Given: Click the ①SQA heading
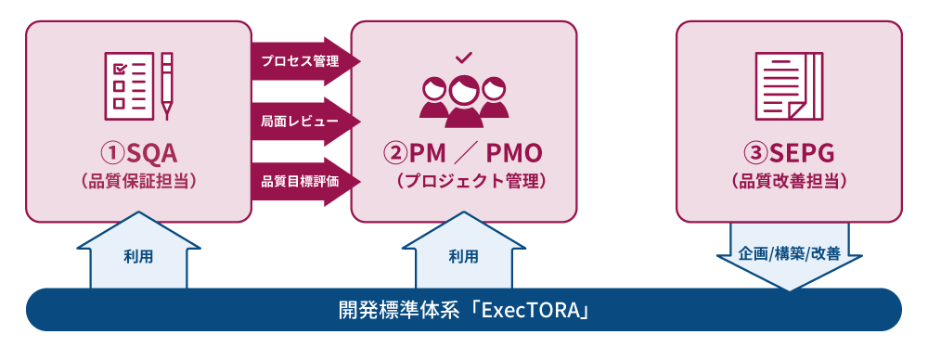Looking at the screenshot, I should click(138, 151).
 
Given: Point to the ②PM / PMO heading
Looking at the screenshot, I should click(464, 151).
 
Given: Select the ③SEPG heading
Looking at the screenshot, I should click(789, 151).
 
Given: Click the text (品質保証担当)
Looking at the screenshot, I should click(138, 181).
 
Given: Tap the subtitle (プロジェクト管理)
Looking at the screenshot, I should click(464, 181).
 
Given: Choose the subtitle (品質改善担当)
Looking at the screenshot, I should click(789, 181).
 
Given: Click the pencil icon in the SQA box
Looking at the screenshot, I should click(167, 86).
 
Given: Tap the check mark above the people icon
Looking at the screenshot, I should click(464, 58).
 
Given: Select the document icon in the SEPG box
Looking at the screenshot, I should click(789, 86).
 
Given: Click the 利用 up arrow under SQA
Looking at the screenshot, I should click(138, 253).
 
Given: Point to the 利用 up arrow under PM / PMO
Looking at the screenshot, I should click(463, 253).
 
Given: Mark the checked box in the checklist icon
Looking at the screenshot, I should click(119, 68).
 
